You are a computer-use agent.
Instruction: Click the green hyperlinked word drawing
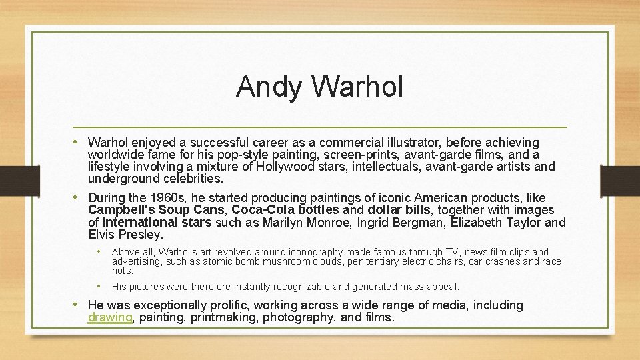tap(110, 318)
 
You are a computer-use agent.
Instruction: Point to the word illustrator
tap(410, 143)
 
